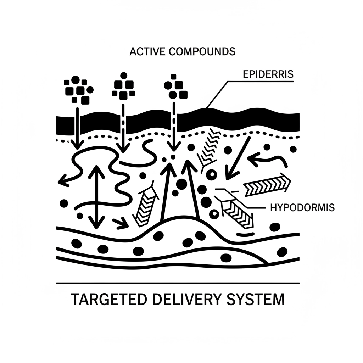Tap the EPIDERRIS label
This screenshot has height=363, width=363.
point(268,75)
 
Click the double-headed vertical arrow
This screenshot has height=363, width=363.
point(96,197)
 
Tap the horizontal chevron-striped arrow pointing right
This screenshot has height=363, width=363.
point(267,185)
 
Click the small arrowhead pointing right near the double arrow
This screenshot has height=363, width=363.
point(121,223)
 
